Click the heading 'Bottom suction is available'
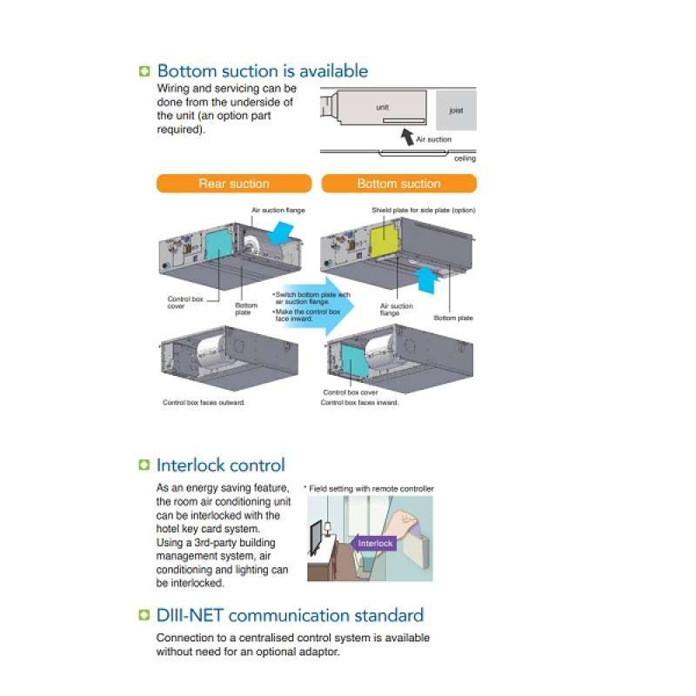point(262,71)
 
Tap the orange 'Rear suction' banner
point(234,184)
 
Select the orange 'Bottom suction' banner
point(399,184)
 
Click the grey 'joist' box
point(456,110)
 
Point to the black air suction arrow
point(407,135)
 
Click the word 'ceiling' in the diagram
point(465,158)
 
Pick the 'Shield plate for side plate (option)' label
point(423,210)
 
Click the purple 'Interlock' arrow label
point(375,543)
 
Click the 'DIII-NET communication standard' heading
point(290,615)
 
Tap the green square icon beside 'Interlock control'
point(144,465)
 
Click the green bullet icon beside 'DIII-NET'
point(144,616)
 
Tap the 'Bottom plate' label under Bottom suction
point(452,318)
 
